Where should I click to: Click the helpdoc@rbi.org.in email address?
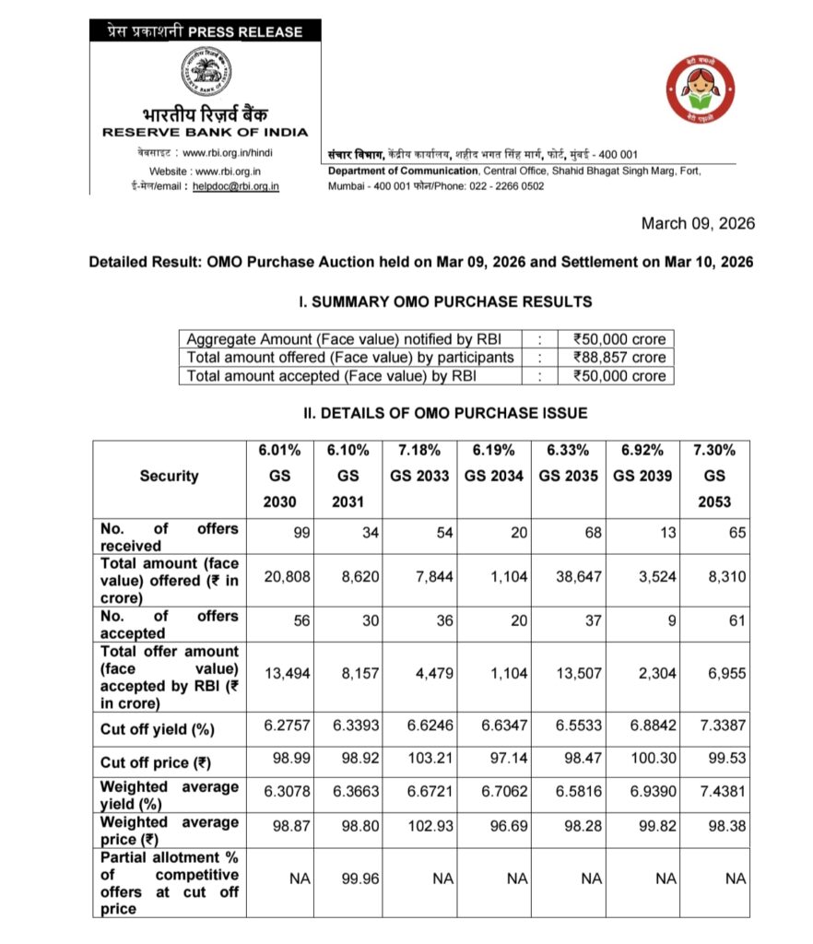(235, 186)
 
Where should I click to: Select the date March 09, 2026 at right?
(698, 224)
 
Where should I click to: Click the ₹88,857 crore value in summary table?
(619, 357)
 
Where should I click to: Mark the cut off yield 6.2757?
(288, 726)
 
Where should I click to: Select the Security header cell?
(169, 476)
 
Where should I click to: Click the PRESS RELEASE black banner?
(205, 31)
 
